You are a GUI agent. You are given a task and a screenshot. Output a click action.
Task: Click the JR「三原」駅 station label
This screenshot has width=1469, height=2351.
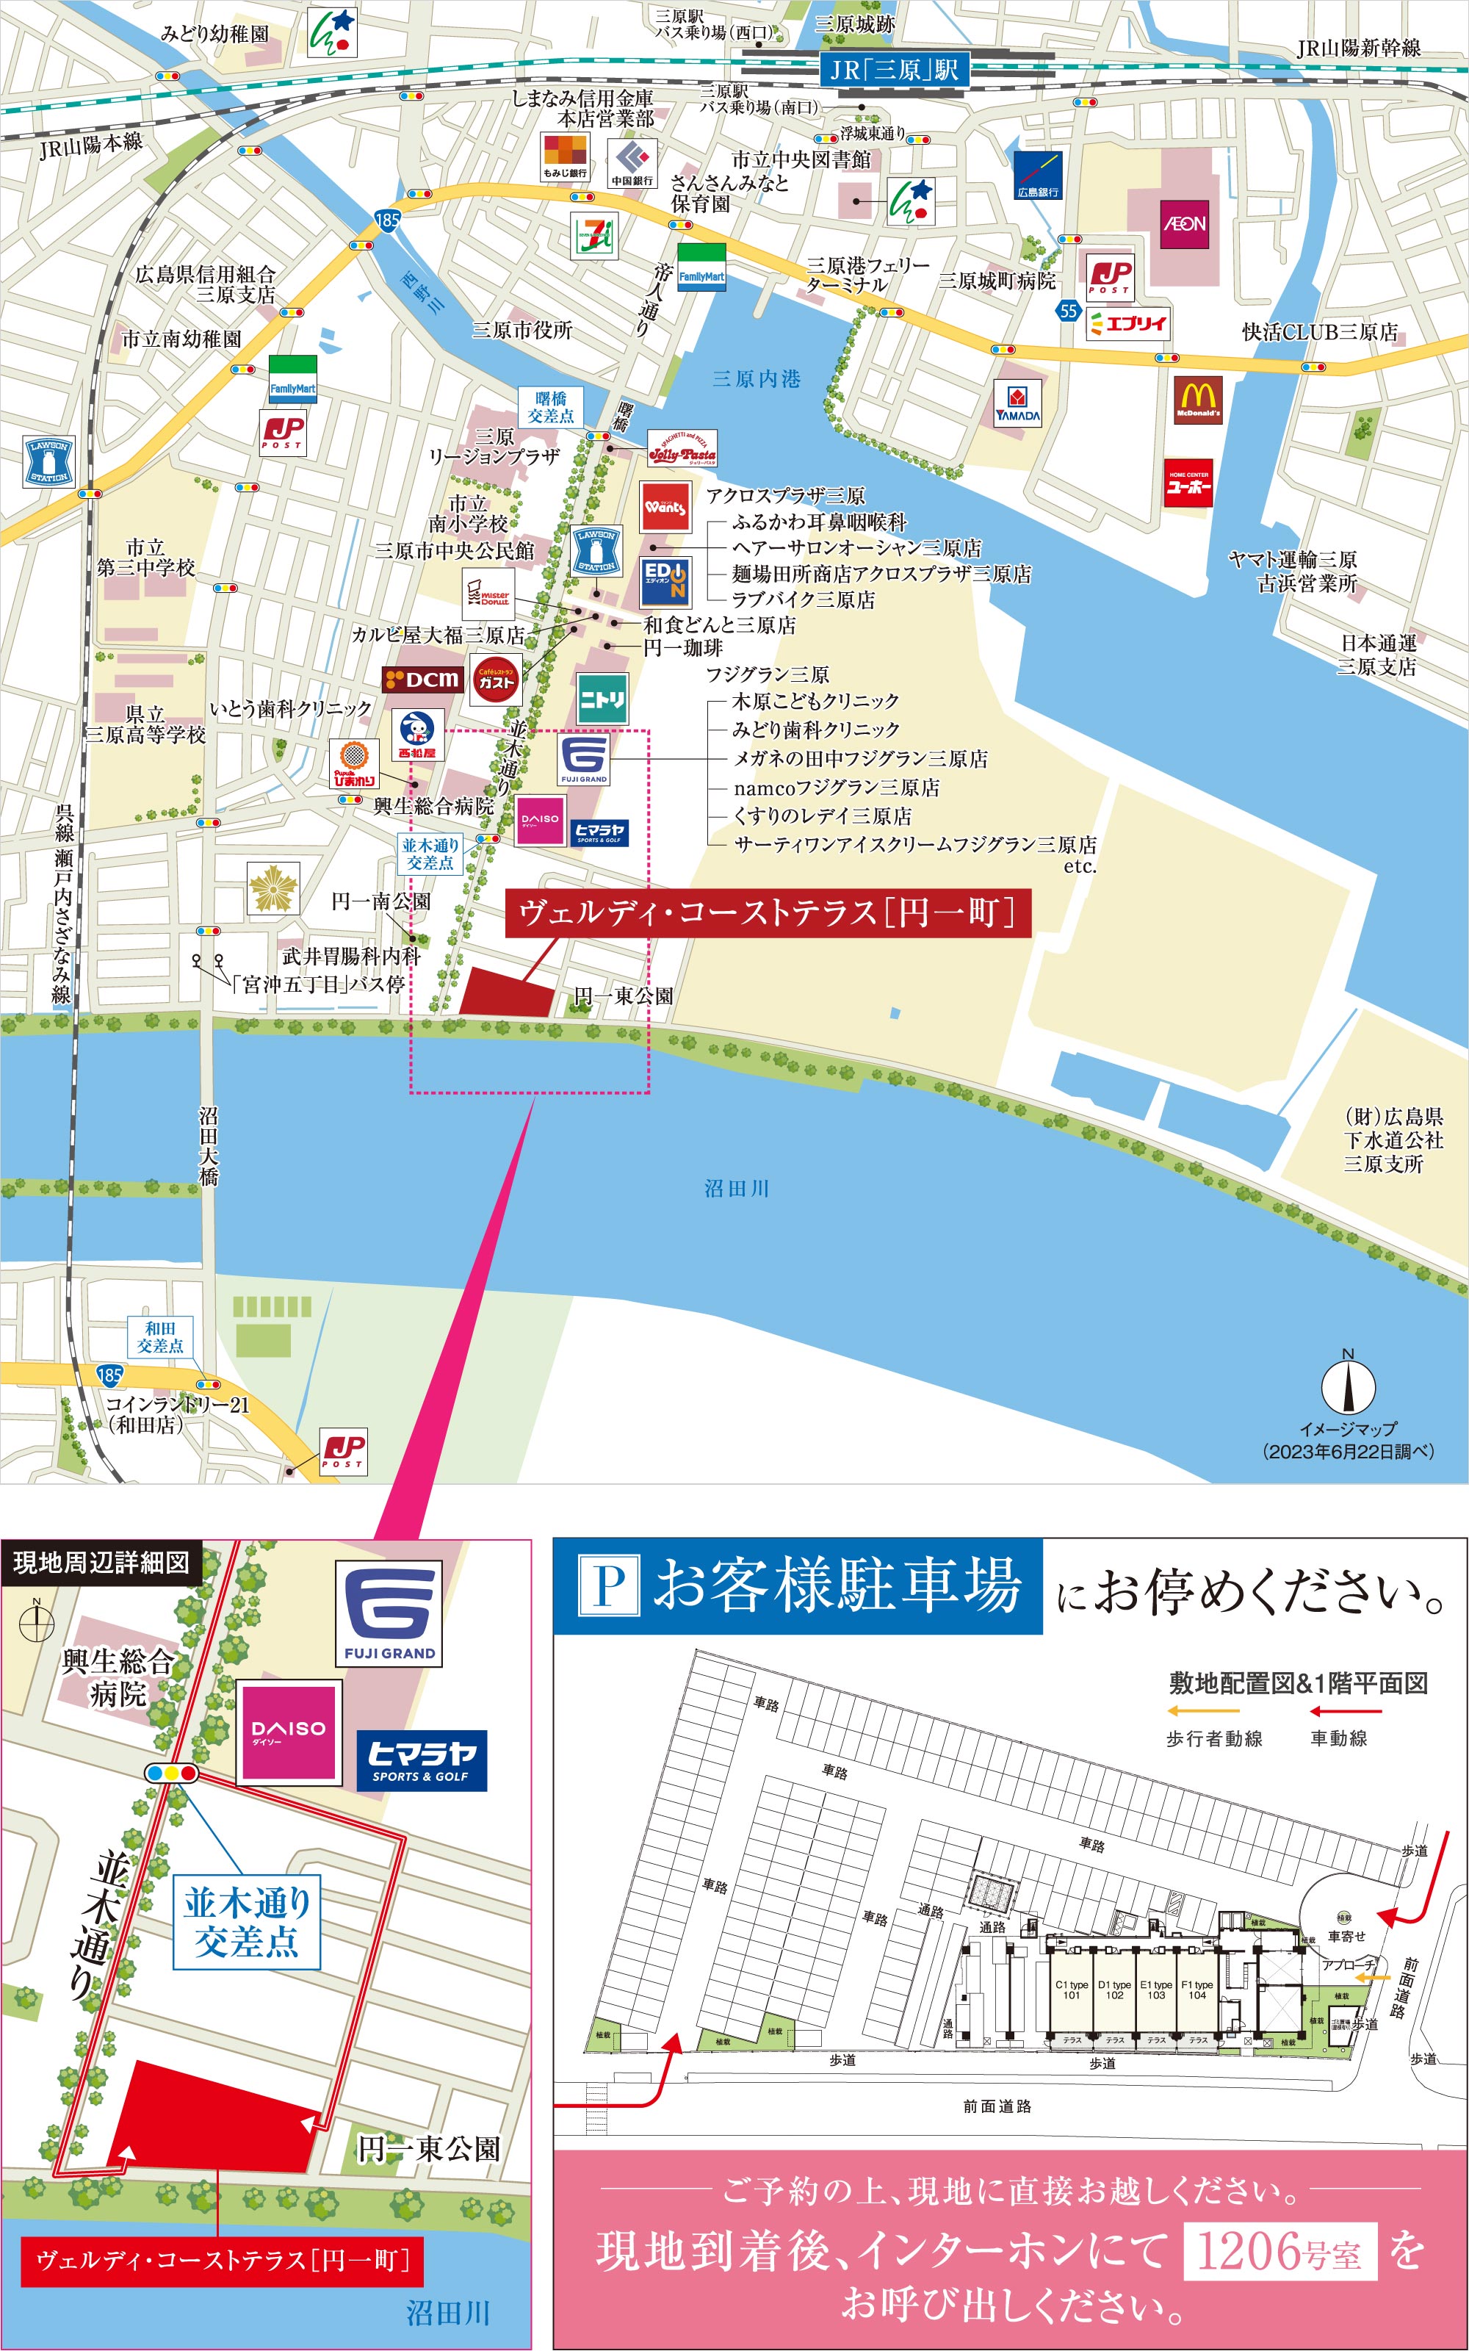[x=893, y=69]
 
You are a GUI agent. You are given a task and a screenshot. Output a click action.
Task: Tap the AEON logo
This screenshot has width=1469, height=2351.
[x=1184, y=223]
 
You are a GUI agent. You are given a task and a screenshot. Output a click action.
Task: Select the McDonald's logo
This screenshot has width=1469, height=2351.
[x=1198, y=399]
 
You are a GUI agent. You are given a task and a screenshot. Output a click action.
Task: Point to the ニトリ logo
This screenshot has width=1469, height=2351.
[x=602, y=699]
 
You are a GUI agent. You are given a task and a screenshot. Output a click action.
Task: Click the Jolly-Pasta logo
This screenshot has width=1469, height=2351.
[x=682, y=449]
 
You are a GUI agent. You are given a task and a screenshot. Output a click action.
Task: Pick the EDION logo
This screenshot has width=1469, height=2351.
[x=665, y=581]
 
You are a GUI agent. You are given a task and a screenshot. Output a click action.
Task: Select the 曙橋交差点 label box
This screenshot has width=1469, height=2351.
[x=550, y=407]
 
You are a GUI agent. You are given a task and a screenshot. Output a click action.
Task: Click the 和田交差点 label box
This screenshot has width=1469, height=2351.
[x=160, y=1337]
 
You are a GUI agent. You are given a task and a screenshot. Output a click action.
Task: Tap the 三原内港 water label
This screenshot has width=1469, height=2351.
[x=756, y=379]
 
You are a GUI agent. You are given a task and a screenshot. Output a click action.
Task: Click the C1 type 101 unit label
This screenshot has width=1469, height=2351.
[x=1072, y=1990]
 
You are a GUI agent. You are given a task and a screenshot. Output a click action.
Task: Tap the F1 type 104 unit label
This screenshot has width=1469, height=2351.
[x=1197, y=1990]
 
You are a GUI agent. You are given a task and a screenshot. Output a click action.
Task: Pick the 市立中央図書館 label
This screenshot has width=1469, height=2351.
[x=801, y=159]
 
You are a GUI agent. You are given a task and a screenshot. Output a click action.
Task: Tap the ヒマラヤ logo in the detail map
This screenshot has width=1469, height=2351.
[x=422, y=1760]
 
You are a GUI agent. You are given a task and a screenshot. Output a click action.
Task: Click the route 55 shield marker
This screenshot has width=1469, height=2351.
[x=1069, y=310]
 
